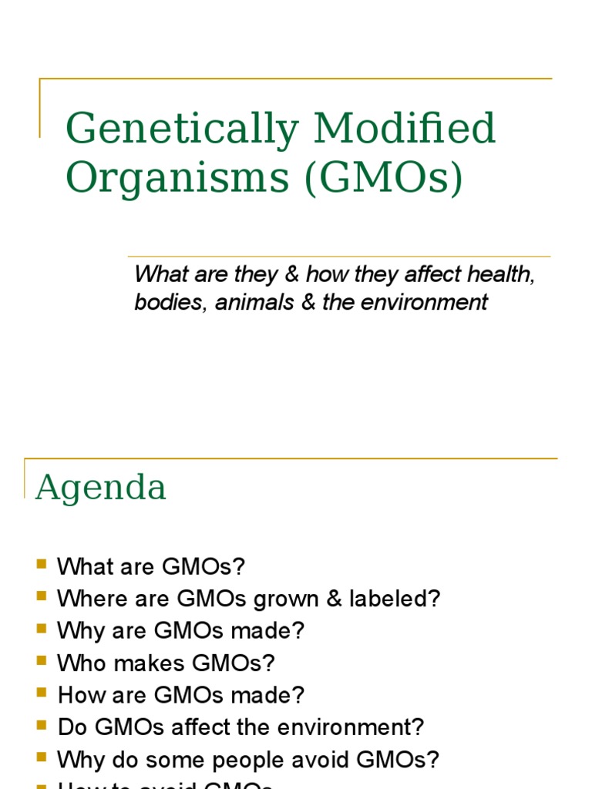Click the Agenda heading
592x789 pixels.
(100, 487)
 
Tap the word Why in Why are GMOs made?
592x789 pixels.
(76, 631)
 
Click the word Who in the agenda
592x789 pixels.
(77, 663)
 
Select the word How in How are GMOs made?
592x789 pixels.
(76, 695)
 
